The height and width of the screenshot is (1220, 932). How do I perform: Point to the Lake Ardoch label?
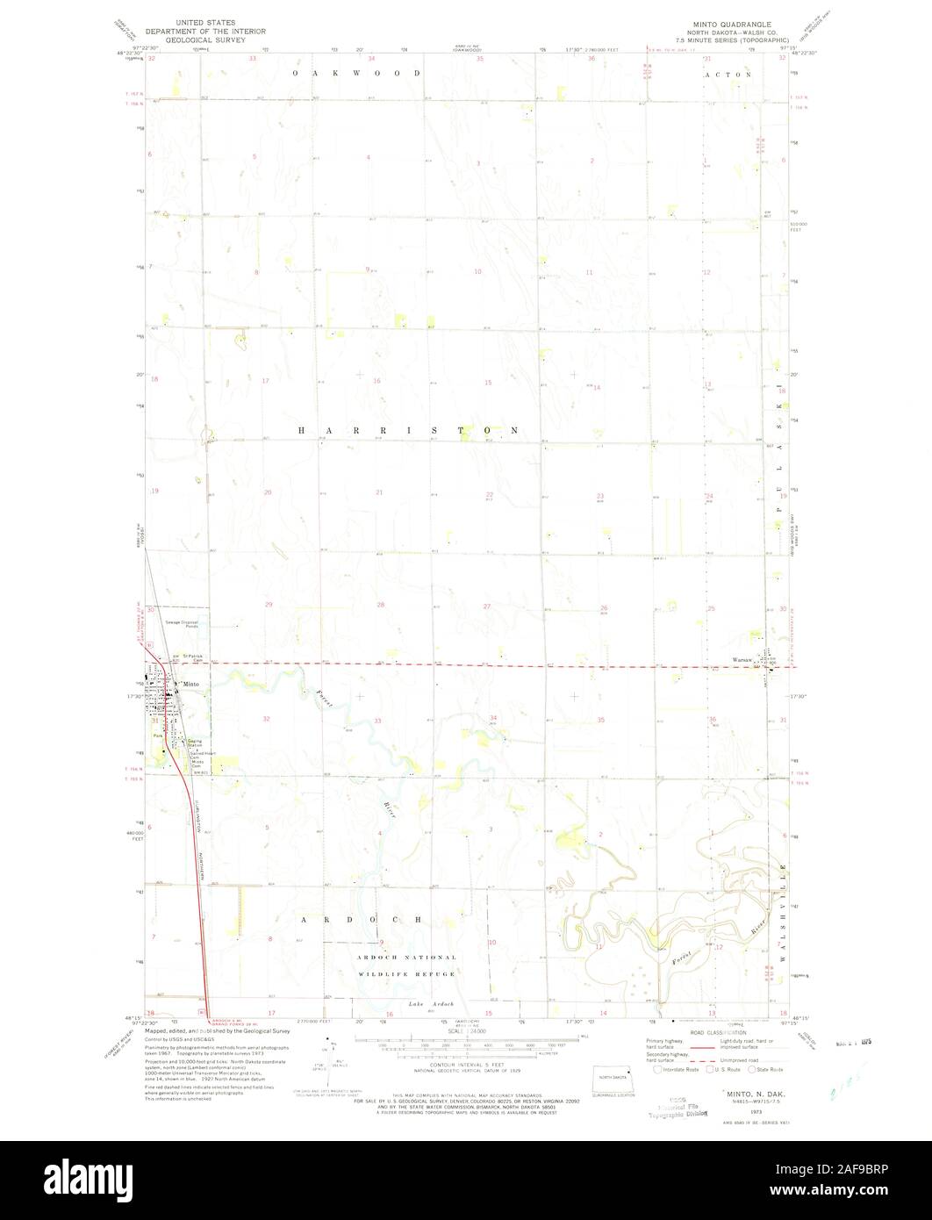pyautogui.click(x=427, y=1003)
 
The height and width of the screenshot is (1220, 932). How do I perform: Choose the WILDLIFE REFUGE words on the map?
pyautogui.click(x=406, y=975)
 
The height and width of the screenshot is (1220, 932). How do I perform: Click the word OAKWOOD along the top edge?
pyautogui.click(x=355, y=74)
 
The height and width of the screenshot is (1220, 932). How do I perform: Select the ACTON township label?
pyautogui.click(x=728, y=75)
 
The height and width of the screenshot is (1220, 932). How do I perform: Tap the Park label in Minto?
pyautogui.click(x=158, y=736)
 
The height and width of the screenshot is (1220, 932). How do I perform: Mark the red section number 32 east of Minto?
pyautogui.click(x=265, y=719)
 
